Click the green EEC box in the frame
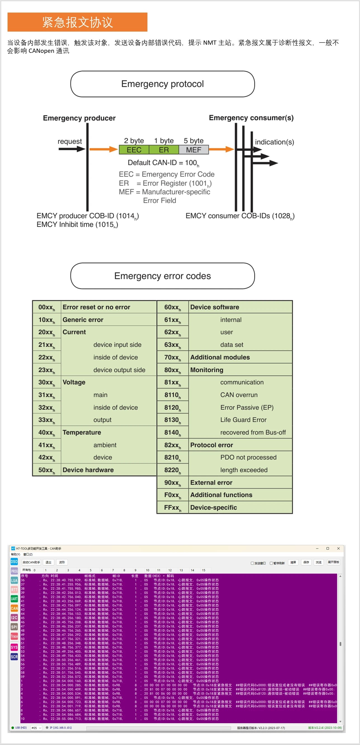pos(134,150)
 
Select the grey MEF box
pos(194,150)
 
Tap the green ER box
pos(164,150)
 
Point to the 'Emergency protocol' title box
pos(162,84)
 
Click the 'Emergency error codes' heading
pos(162,276)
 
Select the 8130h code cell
pos(173,420)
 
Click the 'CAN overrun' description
pos(239,395)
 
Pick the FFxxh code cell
pos(173,507)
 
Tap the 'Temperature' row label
pos(82,432)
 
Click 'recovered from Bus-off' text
pos(253,432)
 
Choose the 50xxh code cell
pos(47,470)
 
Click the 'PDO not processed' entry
pos(248,457)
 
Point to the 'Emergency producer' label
pos(79,118)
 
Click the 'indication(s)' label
pos(274,142)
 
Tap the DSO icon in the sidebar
pos(14,562)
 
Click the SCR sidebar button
pos(14,656)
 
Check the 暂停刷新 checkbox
pos(271,563)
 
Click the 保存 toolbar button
pos(306,562)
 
